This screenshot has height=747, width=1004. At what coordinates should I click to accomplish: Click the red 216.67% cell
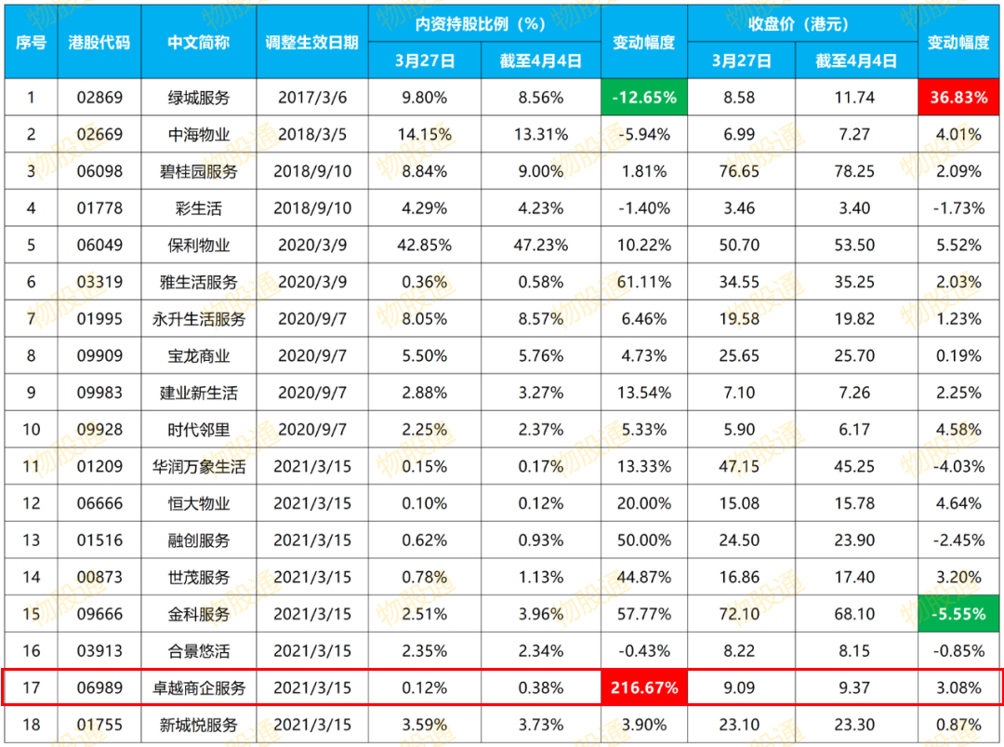click(643, 688)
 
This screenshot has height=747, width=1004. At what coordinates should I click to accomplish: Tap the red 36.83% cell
click(959, 97)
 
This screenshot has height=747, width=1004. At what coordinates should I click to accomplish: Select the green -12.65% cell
click(643, 97)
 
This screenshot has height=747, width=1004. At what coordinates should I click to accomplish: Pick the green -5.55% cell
click(959, 614)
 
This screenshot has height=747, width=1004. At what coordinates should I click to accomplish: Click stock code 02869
click(99, 97)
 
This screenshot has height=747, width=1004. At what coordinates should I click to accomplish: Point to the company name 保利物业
click(199, 246)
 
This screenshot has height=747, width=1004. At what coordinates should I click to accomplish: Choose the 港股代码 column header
click(99, 43)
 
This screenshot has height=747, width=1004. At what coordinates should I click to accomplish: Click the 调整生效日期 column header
click(311, 43)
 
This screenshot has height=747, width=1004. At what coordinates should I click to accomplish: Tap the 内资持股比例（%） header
click(483, 23)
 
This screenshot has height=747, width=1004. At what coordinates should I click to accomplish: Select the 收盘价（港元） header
click(801, 23)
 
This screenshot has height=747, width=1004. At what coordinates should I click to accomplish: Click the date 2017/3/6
click(311, 97)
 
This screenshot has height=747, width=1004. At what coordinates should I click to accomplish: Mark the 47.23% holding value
click(540, 246)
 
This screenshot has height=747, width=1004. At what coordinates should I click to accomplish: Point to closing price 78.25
click(854, 171)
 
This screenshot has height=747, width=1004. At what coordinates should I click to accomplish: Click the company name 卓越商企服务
click(199, 688)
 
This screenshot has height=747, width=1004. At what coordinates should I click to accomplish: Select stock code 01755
click(99, 725)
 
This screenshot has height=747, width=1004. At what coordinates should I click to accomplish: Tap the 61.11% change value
click(643, 282)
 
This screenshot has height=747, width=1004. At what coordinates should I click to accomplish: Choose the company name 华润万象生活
click(199, 467)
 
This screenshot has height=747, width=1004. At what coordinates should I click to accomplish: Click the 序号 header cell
click(32, 43)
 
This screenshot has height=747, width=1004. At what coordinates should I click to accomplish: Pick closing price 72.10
click(741, 614)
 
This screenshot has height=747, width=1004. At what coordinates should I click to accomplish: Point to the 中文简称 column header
click(199, 43)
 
